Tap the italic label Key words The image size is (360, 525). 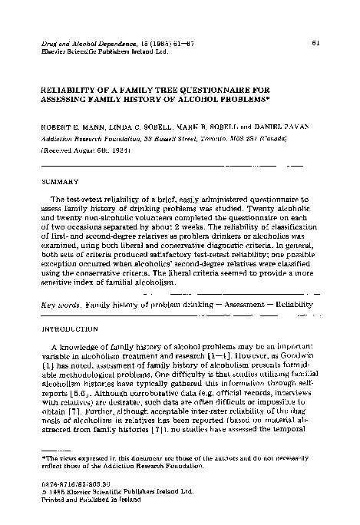pos(59,305)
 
